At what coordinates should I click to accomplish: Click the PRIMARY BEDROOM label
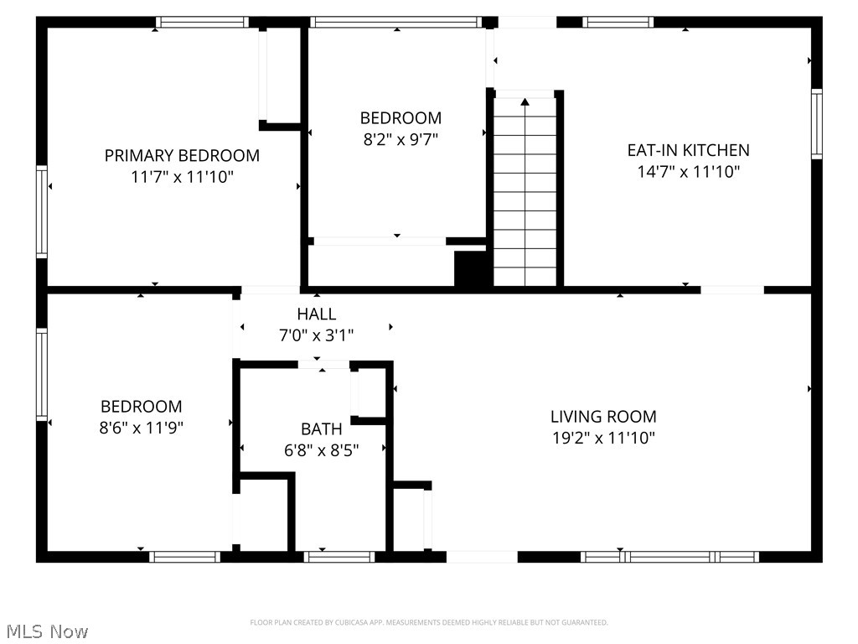pos(182,155)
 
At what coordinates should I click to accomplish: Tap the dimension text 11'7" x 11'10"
pos(182,177)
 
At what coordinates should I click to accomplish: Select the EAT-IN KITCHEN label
pos(688,150)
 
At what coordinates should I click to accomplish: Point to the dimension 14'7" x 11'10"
pos(688,172)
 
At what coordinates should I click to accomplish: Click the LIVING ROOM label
pos(603,416)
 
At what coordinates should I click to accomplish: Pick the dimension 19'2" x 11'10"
pos(603,438)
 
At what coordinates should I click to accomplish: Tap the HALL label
pos(317,314)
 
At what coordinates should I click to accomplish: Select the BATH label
pos(322,429)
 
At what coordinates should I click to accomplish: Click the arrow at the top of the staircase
pos(525,102)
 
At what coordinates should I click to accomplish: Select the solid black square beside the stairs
pos(470,269)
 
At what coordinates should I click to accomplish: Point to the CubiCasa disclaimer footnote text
pos(429,622)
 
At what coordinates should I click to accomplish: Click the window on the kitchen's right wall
pos(816,124)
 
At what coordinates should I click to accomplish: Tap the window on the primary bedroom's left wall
pos(41,210)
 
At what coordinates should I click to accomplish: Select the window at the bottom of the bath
pos(339,556)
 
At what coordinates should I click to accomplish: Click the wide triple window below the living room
pos(670,556)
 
